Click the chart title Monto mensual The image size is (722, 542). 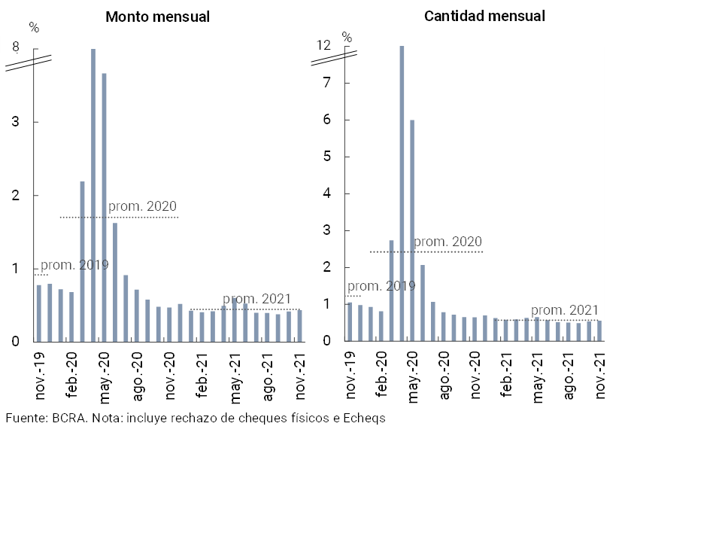click(157, 17)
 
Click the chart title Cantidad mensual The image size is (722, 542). click(484, 16)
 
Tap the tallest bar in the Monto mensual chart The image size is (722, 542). click(93, 195)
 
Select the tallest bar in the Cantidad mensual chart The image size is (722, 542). click(402, 193)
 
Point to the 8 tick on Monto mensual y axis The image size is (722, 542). click(15, 47)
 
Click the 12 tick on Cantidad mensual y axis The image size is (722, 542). click(323, 46)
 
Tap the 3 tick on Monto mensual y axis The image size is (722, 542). click(15, 122)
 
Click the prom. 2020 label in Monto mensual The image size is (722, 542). click(142, 206)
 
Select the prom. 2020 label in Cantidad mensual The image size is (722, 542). click(447, 242)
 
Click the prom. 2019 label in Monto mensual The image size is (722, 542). click(74, 265)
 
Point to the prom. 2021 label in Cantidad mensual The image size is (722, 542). click(565, 310)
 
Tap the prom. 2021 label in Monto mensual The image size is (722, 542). click(256, 299)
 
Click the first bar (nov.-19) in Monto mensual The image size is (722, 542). click(39, 313)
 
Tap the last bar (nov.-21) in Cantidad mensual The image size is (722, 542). click(599, 331)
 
